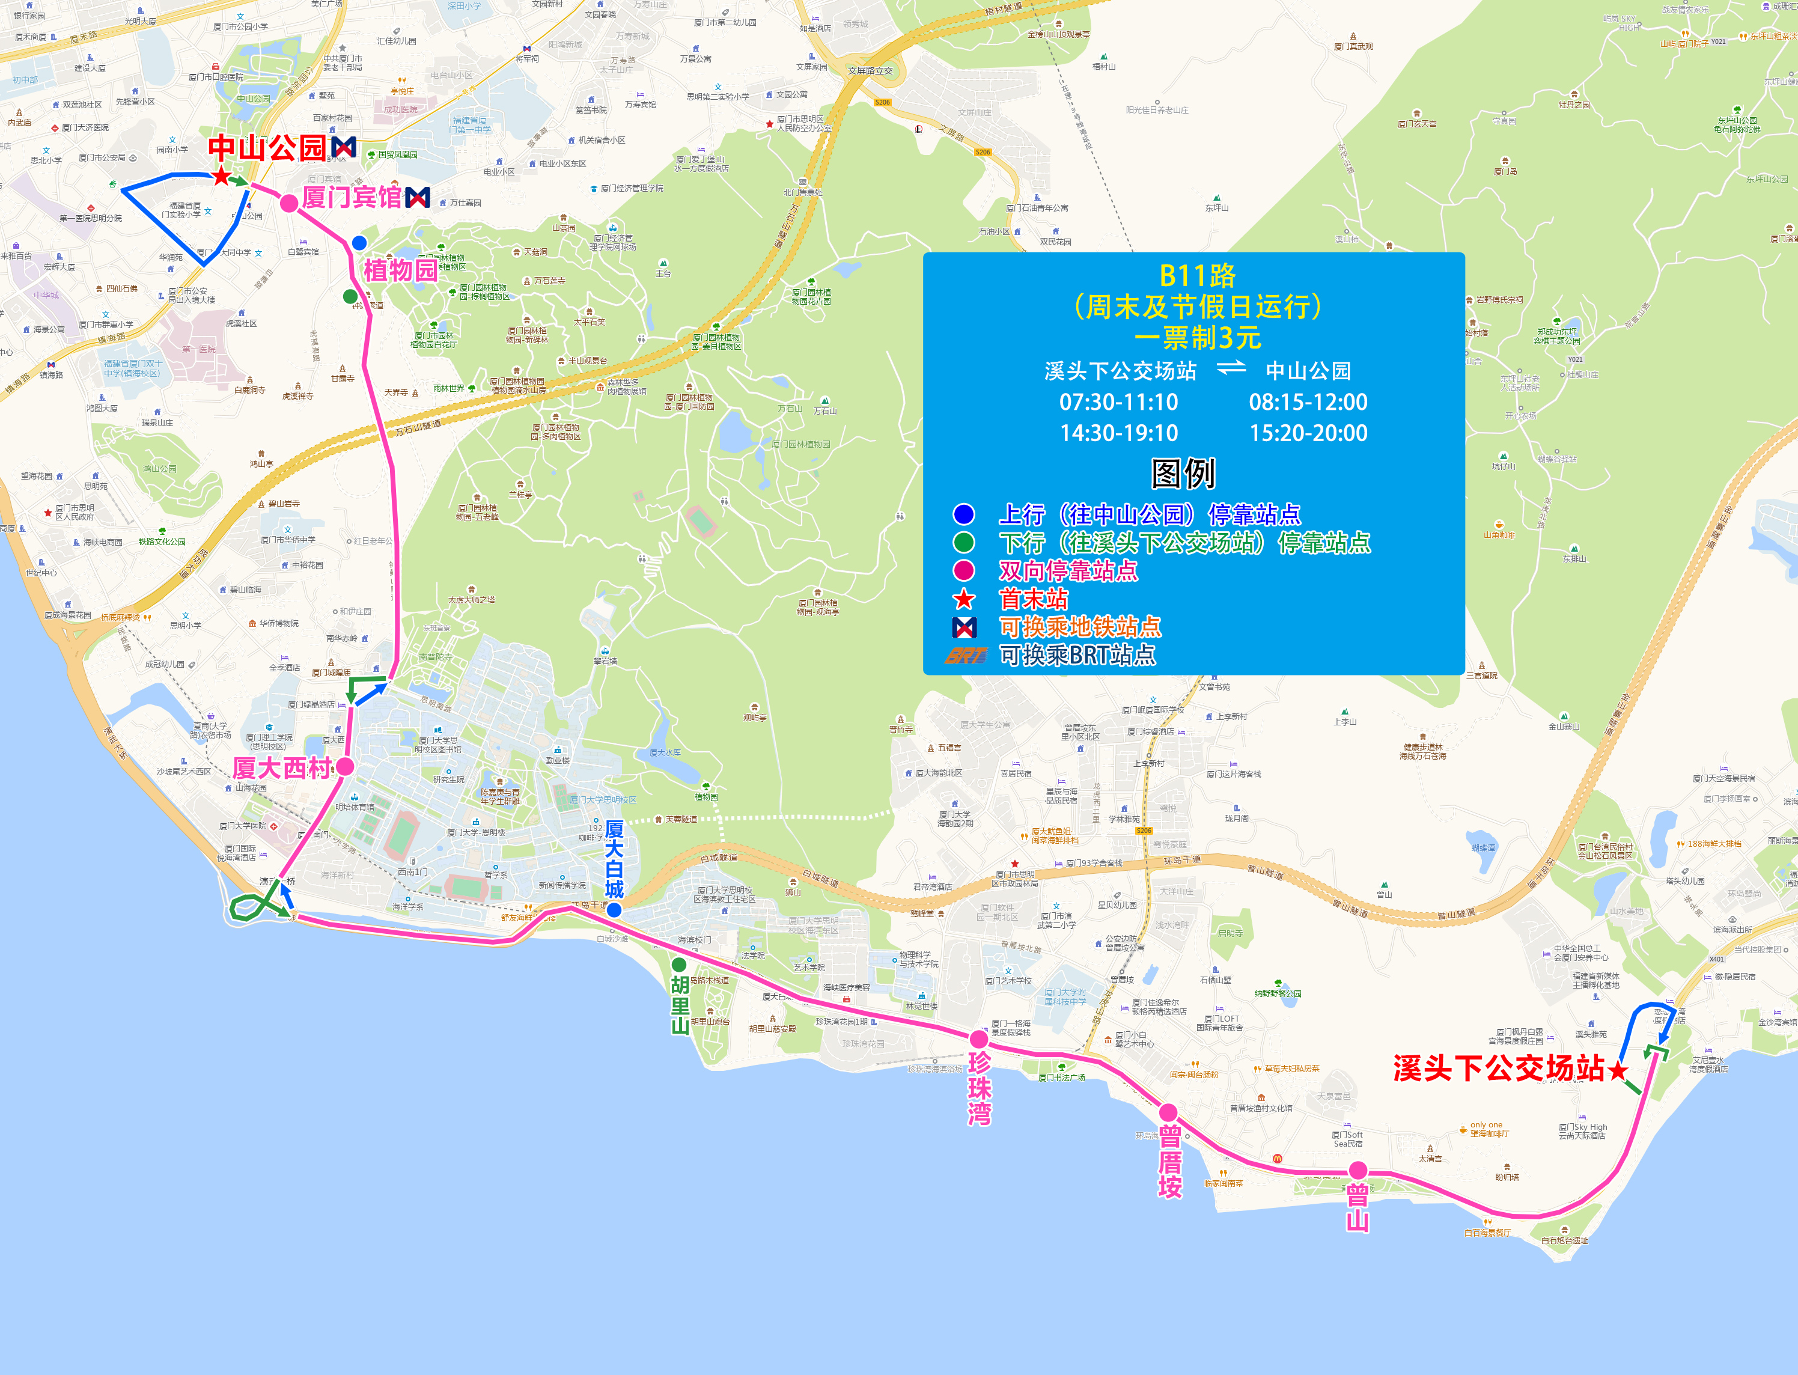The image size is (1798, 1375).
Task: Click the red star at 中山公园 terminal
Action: point(221,176)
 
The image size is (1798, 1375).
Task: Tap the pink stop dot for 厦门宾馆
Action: point(289,204)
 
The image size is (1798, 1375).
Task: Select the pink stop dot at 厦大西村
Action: point(346,767)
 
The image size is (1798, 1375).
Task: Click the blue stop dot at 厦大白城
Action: point(614,909)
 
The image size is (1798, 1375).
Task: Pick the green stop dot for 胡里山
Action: point(679,964)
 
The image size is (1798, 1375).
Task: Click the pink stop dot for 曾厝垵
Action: point(1169,1112)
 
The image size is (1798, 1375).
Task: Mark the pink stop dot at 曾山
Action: point(1358,1169)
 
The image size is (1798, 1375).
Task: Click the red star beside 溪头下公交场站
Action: point(1618,1070)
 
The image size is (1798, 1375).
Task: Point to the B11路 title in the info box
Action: point(1197,276)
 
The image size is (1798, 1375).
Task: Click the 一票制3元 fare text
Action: point(1197,337)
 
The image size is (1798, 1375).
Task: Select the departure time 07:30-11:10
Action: point(1119,402)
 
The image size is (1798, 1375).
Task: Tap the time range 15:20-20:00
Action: point(1308,433)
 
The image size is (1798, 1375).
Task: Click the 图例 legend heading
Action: point(1183,473)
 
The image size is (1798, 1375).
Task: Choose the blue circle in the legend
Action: point(964,514)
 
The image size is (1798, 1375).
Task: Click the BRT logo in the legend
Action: point(966,656)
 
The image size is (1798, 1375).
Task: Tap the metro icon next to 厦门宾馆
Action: point(418,197)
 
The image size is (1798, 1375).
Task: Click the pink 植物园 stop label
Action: point(400,270)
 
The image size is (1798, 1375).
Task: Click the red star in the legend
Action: point(964,599)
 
